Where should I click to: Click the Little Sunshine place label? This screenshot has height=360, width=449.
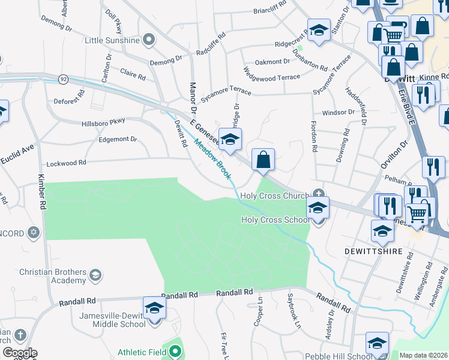(112, 40)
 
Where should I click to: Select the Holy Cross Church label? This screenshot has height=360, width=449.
(274, 196)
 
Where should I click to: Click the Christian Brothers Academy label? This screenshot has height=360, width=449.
(53, 276)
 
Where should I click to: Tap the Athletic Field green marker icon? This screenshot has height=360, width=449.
(175, 350)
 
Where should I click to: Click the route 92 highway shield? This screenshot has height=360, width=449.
(62, 79)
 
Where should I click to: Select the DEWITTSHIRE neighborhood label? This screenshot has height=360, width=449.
(372, 251)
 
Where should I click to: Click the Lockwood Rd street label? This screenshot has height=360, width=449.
(66, 163)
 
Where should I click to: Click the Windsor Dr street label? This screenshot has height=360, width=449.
(339, 112)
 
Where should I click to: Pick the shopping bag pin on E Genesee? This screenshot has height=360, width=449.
(263, 160)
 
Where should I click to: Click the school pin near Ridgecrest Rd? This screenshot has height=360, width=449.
(319, 30)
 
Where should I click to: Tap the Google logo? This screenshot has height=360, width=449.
(20, 353)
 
